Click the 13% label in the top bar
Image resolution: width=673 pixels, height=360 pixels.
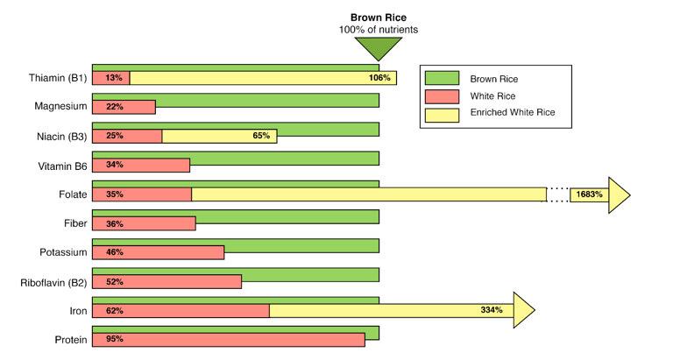(113, 78)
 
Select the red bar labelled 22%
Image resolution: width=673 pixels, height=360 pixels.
(124, 107)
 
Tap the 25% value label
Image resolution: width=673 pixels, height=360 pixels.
(114, 136)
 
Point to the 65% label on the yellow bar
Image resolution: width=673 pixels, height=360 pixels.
(260, 136)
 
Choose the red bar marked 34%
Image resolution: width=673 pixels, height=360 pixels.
(141, 165)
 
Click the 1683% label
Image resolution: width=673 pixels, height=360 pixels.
(589, 194)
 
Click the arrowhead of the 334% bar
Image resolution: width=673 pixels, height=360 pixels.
(524, 310)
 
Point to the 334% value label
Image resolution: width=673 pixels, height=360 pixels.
(491, 310)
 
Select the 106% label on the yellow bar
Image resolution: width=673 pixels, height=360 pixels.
(379, 78)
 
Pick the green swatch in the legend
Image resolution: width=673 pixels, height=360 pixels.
(442, 78)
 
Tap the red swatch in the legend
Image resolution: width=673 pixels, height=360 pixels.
(442, 95)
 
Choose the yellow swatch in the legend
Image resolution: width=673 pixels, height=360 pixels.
(442, 114)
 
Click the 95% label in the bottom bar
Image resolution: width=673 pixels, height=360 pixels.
(114, 339)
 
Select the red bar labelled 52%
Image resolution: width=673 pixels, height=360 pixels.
(166, 281)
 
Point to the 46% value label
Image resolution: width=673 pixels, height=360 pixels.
(114, 252)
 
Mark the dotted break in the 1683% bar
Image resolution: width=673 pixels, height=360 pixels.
(558, 194)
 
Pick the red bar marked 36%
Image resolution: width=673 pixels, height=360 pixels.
(144, 223)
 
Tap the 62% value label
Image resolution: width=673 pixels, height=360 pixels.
(114, 310)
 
